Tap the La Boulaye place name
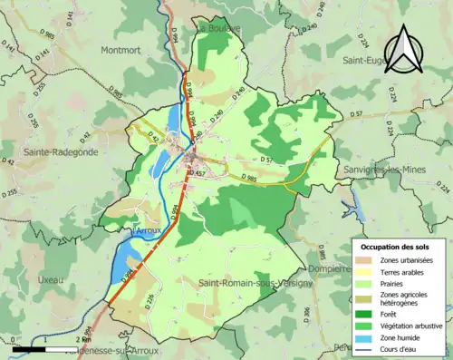pos(217,28)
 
